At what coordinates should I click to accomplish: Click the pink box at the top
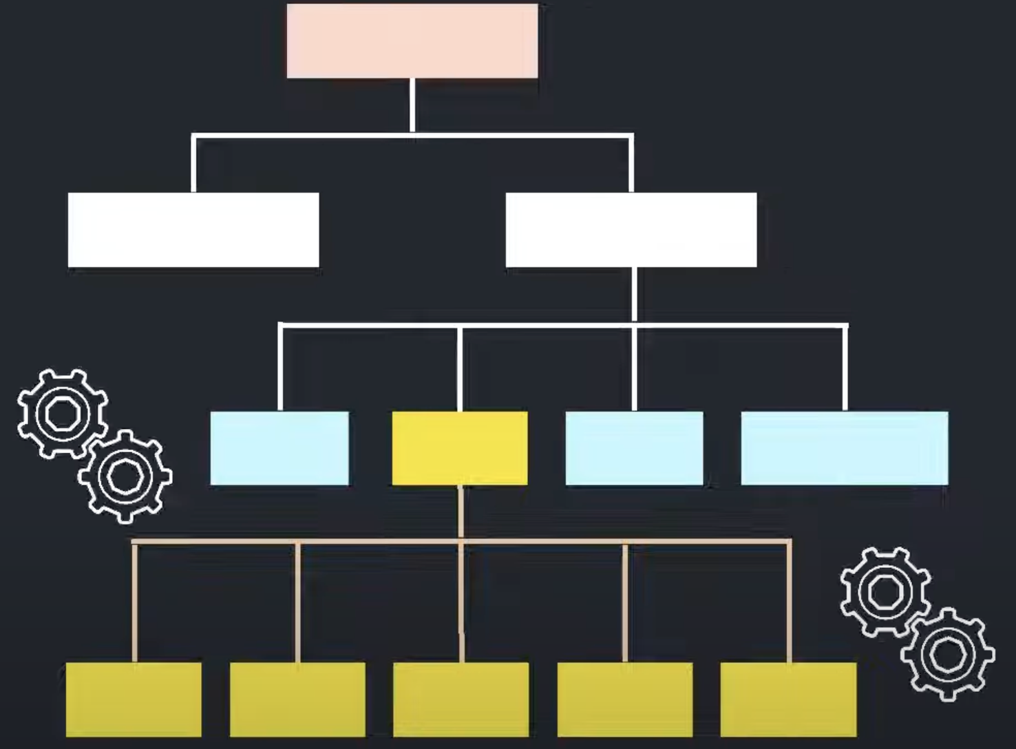pyautogui.click(x=412, y=41)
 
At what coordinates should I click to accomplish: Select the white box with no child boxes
pyautogui.click(x=193, y=229)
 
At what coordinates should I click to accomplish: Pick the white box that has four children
pyautogui.click(x=631, y=229)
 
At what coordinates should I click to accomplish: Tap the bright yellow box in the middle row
pyautogui.click(x=460, y=448)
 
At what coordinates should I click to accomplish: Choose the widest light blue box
pyautogui.click(x=845, y=448)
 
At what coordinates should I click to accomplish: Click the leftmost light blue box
pyautogui.click(x=279, y=448)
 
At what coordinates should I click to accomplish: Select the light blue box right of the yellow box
pyautogui.click(x=634, y=448)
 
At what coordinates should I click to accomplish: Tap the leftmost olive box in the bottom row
pyautogui.click(x=134, y=699)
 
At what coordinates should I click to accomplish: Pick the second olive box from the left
pyautogui.click(x=297, y=699)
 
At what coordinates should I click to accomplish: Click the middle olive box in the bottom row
pyautogui.click(x=461, y=699)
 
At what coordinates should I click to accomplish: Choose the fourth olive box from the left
pyautogui.click(x=624, y=699)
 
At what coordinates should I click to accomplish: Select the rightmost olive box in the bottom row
pyautogui.click(x=788, y=699)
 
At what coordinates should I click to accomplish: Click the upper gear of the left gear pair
pyautogui.click(x=63, y=414)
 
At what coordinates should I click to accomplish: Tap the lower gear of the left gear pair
pyautogui.click(x=125, y=476)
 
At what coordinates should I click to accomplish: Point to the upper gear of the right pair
pyautogui.click(x=885, y=591)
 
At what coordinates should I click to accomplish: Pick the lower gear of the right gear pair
pyautogui.click(x=948, y=654)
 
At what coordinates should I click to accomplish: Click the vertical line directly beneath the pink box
pyautogui.click(x=412, y=105)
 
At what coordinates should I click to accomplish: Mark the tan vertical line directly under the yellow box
pyautogui.click(x=461, y=513)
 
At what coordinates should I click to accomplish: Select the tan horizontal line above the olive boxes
pyautogui.click(x=379, y=542)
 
